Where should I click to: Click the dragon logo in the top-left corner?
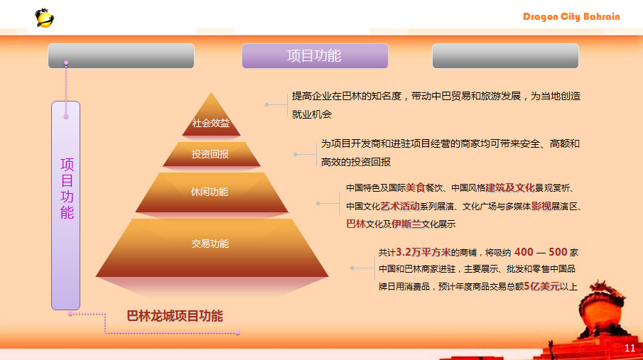tap(44, 18)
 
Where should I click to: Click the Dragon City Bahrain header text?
tap(571, 17)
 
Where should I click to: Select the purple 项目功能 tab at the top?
tap(315, 56)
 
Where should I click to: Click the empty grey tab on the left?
tap(121, 56)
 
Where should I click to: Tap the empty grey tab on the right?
tap(505, 56)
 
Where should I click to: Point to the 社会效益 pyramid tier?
tap(211, 117)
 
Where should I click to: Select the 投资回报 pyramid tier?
tap(211, 154)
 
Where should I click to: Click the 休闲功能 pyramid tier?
tap(212, 192)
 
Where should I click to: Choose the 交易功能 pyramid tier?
tap(212, 248)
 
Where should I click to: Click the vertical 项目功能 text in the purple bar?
tap(67, 189)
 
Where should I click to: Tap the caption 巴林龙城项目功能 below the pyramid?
tap(175, 316)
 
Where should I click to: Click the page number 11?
tap(630, 348)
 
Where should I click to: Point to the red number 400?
tap(524, 252)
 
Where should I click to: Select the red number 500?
tap(558, 252)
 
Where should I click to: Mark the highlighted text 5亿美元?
tap(541, 286)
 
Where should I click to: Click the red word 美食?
tap(416, 187)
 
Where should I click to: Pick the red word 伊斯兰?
tap(406, 224)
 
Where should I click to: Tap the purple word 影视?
tap(541, 206)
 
